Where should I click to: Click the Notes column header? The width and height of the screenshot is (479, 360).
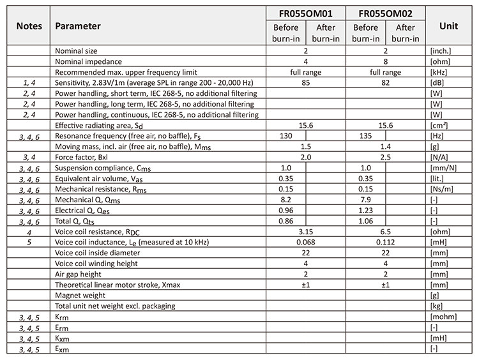tap(27, 26)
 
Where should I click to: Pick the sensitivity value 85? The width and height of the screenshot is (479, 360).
tap(305, 83)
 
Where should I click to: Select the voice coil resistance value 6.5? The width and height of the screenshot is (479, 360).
tap(386, 232)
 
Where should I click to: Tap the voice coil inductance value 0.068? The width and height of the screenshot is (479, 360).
tap(305, 243)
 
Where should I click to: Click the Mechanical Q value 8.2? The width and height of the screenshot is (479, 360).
tap(286, 200)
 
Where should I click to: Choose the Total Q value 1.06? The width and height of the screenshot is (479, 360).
tap(367, 221)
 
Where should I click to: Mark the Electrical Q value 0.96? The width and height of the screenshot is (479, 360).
tap(286, 211)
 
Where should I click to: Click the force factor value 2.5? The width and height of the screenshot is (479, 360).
tap(386, 157)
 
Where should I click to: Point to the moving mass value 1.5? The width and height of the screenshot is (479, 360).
tap(305, 147)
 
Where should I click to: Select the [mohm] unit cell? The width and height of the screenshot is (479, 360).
tap(443, 317)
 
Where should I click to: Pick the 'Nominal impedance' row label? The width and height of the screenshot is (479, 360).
tap(88, 61)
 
